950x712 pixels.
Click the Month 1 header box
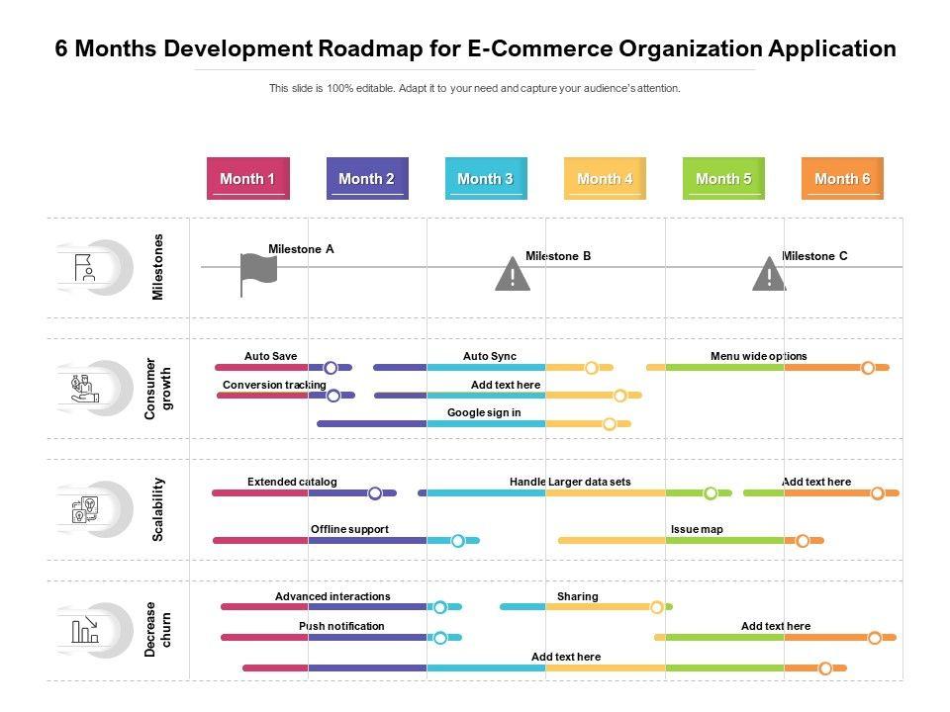tap(247, 178)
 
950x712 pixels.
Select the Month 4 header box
tap(605, 178)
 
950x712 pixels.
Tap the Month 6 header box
tap(842, 178)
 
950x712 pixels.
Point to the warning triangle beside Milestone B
tap(513, 275)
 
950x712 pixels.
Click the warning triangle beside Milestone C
tap(769, 275)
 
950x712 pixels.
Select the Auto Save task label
tap(270, 356)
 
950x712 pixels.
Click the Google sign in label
tap(484, 412)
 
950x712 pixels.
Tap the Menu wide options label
tap(758, 356)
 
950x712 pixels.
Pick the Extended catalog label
tap(292, 482)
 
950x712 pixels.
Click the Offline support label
tap(349, 529)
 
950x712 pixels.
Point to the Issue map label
tap(697, 529)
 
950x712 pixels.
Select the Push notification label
tap(341, 626)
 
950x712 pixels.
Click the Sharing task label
tap(577, 596)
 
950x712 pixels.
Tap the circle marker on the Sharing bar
tap(657, 607)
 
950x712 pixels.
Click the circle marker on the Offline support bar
tap(458, 541)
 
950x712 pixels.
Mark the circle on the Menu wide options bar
tap(868, 368)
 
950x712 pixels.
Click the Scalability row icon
tap(85, 509)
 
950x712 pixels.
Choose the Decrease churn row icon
tap(85, 630)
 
